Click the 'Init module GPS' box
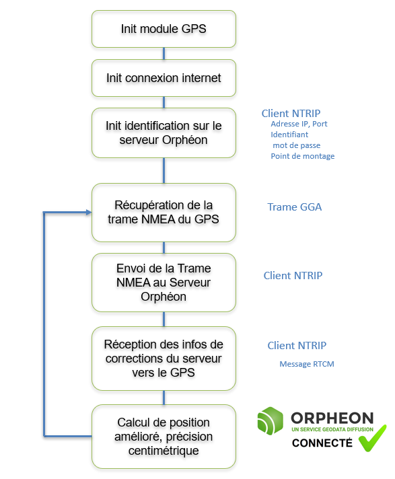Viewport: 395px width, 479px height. coord(164,29)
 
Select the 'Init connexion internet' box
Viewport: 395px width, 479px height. coord(164,78)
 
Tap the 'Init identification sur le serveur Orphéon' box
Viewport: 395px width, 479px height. coord(164,133)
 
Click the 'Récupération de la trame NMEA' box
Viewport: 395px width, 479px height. coord(164,213)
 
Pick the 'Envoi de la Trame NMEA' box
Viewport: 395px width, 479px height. coord(164,283)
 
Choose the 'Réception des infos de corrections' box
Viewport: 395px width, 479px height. coord(164,359)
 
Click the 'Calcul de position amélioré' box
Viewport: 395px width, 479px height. coord(164,437)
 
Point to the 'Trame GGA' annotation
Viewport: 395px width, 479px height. coord(295,207)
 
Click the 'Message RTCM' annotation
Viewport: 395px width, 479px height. coord(307,364)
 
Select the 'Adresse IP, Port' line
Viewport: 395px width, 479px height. coord(299,124)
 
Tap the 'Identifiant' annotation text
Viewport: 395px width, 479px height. coord(289,135)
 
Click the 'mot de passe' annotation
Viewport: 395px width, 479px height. coord(296,145)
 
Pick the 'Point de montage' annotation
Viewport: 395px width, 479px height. coord(302,156)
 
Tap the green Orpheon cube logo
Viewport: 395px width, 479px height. coord(270,420)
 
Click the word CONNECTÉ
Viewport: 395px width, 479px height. coord(322,443)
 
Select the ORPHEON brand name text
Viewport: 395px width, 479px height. coord(332,418)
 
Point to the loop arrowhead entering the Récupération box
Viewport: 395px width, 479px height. coord(89,213)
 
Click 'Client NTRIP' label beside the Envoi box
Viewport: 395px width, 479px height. coord(293,276)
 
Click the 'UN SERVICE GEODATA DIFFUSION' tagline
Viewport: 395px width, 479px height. coord(332,429)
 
